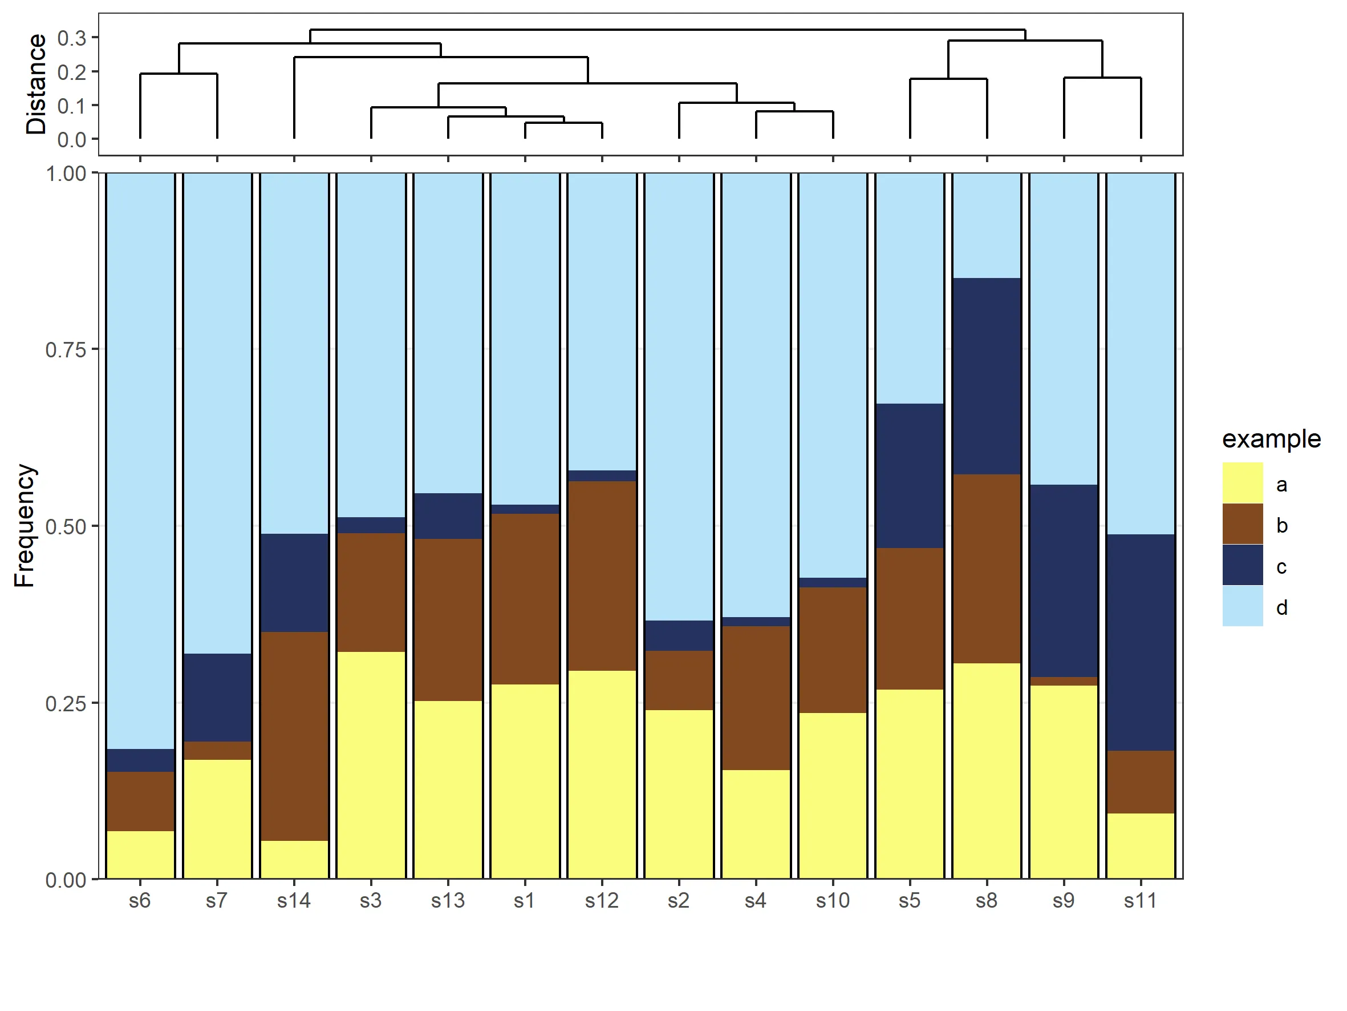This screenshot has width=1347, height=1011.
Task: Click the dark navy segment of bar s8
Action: pyautogui.click(x=987, y=376)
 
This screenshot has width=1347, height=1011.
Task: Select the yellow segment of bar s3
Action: pyautogui.click(x=371, y=765)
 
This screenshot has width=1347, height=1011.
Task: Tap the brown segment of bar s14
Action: pyautogui.click(x=294, y=736)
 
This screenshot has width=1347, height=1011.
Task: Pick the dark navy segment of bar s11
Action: pyautogui.click(x=1141, y=642)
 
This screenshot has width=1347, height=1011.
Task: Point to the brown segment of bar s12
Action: pyautogui.click(x=602, y=576)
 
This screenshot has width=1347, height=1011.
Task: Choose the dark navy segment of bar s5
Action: pyautogui.click(x=910, y=476)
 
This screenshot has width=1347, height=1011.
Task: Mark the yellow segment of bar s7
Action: pyautogui.click(x=217, y=819)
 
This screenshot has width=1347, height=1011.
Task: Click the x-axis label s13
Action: pyautogui.click(x=448, y=901)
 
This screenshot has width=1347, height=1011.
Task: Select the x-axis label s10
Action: pyautogui.click(x=833, y=901)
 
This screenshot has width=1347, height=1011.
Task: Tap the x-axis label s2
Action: pyautogui.click(x=679, y=901)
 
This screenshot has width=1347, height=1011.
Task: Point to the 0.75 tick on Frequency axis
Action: pyautogui.click(x=65, y=350)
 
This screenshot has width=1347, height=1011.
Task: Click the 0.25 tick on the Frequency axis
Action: pyautogui.click(x=65, y=703)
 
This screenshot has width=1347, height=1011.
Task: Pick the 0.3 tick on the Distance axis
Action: pyautogui.click(x=71, y=38)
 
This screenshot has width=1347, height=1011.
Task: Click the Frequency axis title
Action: pyautogui.click(x=25, y=525)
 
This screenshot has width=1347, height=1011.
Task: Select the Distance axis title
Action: pyautogui.click(x=36, y=84)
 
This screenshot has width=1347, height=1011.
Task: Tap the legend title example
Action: pyautogui.click(x=1272, y=439)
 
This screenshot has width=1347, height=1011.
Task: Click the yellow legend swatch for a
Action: pyautogui.click(x=1242, y=482)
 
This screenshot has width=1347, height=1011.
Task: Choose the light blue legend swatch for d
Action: pyautogui.click(x=1242, y=606)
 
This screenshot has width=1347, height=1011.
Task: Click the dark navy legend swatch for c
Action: pyautogui.click(x=1242, y=565)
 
